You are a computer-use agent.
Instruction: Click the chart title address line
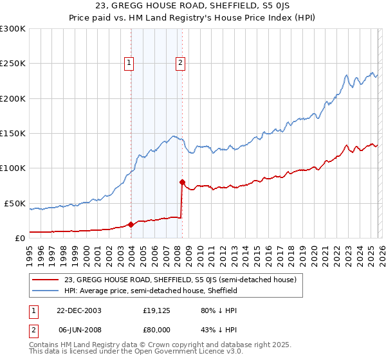pyautogui.click(x=193, y=6)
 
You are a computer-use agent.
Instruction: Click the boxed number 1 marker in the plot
pyautogui.click(x=129, y=62)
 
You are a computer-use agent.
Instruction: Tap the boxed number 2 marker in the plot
pyautogui.click(x=179, y=62)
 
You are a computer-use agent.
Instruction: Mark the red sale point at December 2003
pyautogui.click(x=131, y=224)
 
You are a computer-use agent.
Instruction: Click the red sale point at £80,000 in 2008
pyautogui.click(x=182, y=182)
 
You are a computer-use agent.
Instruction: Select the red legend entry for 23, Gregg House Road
pyautogui.click(x=180, y=280)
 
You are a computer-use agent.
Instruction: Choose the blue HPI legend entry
pyautogui.click(x=151, y=291)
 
